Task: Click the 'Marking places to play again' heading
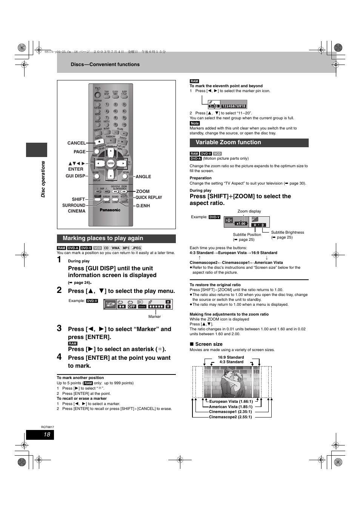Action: click(103, 238)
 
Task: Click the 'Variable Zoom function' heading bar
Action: click(228, 142)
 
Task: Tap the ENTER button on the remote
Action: click(111, 163)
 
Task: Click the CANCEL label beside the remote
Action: click(77, 143)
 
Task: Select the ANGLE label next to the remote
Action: click(143, 176)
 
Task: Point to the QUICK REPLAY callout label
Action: click(149, 197)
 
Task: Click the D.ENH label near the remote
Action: click(143, 206)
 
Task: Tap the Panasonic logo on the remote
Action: click(110, 210)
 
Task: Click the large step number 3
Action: click(59, 328)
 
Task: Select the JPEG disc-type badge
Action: click(137, 248)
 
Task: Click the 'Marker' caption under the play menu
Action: click(154, 316)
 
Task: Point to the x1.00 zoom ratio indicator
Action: click(241, 223)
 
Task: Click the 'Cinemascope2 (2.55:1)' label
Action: click(230, 417)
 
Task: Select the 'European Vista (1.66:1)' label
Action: click(231, 402)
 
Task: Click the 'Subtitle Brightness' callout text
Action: click(287, 232)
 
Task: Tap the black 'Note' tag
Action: click(195, 123)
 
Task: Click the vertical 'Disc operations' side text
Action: click(43, 179)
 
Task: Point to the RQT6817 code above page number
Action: click(48, 427)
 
